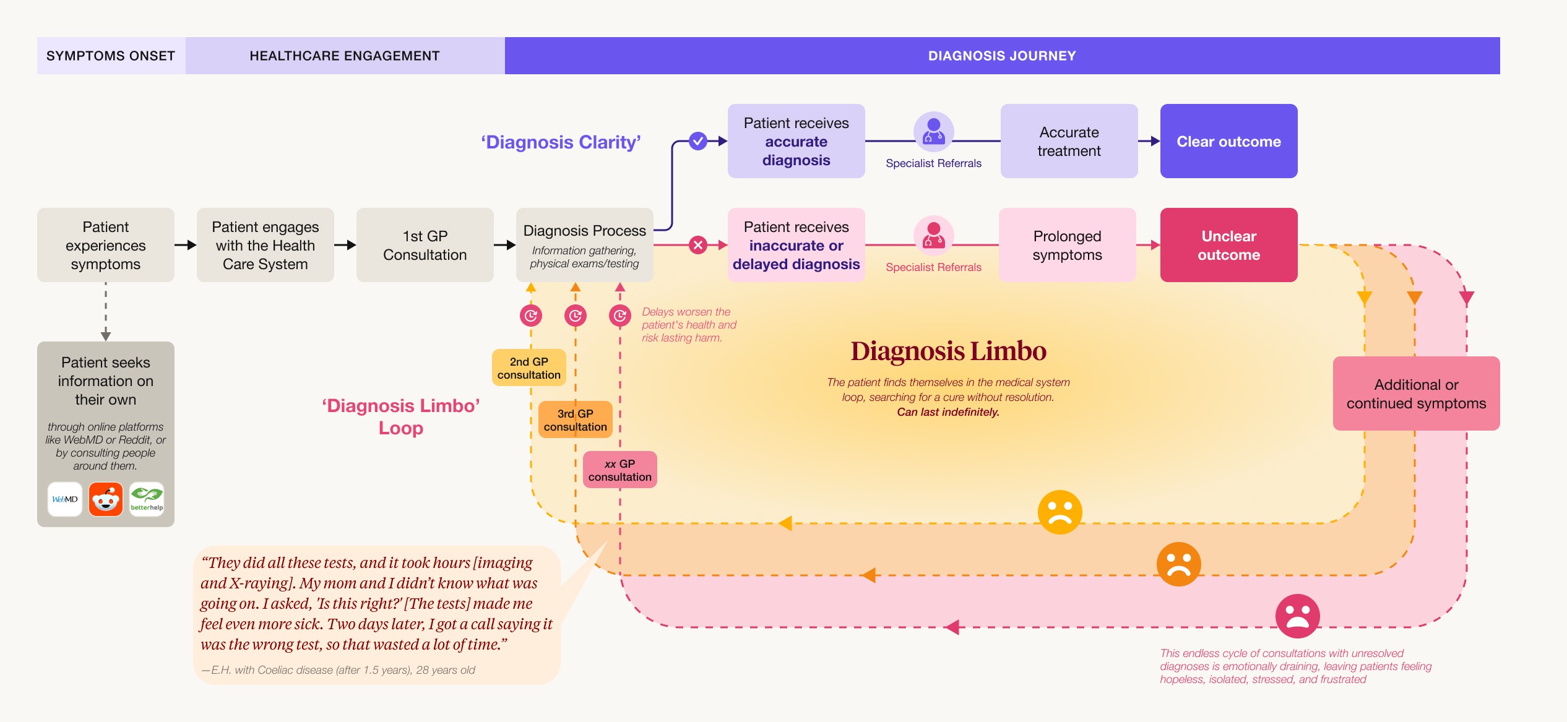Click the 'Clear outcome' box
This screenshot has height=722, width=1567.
(1228, 142)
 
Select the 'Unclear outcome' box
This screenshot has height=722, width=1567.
(1228, 246)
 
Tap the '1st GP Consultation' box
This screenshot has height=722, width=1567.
(425, 246)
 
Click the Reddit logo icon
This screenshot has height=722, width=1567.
(106, 499)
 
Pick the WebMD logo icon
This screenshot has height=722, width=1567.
(65, 499)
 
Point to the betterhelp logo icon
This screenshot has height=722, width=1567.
(147, 499)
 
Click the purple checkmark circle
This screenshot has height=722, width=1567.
(698, 142)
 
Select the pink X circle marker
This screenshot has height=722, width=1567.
(698, 246)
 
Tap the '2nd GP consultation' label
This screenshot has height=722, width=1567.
(529, 368)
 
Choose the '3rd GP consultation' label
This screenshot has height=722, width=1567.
(575, 420)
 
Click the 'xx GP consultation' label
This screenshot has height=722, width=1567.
(619, 470)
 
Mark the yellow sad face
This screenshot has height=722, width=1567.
(1060, 512)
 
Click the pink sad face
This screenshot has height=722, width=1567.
(1297, 616)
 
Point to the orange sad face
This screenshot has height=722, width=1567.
(1178, 564)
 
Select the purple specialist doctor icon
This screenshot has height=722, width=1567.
(933, 132)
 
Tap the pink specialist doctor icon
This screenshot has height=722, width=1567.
(933, 236)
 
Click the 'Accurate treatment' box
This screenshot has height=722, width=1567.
(1069, 142)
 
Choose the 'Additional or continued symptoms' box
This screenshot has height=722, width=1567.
(1416, 394)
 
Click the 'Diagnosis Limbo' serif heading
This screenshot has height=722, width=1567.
(948, 351)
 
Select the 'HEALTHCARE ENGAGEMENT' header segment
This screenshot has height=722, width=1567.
(345, 56)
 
